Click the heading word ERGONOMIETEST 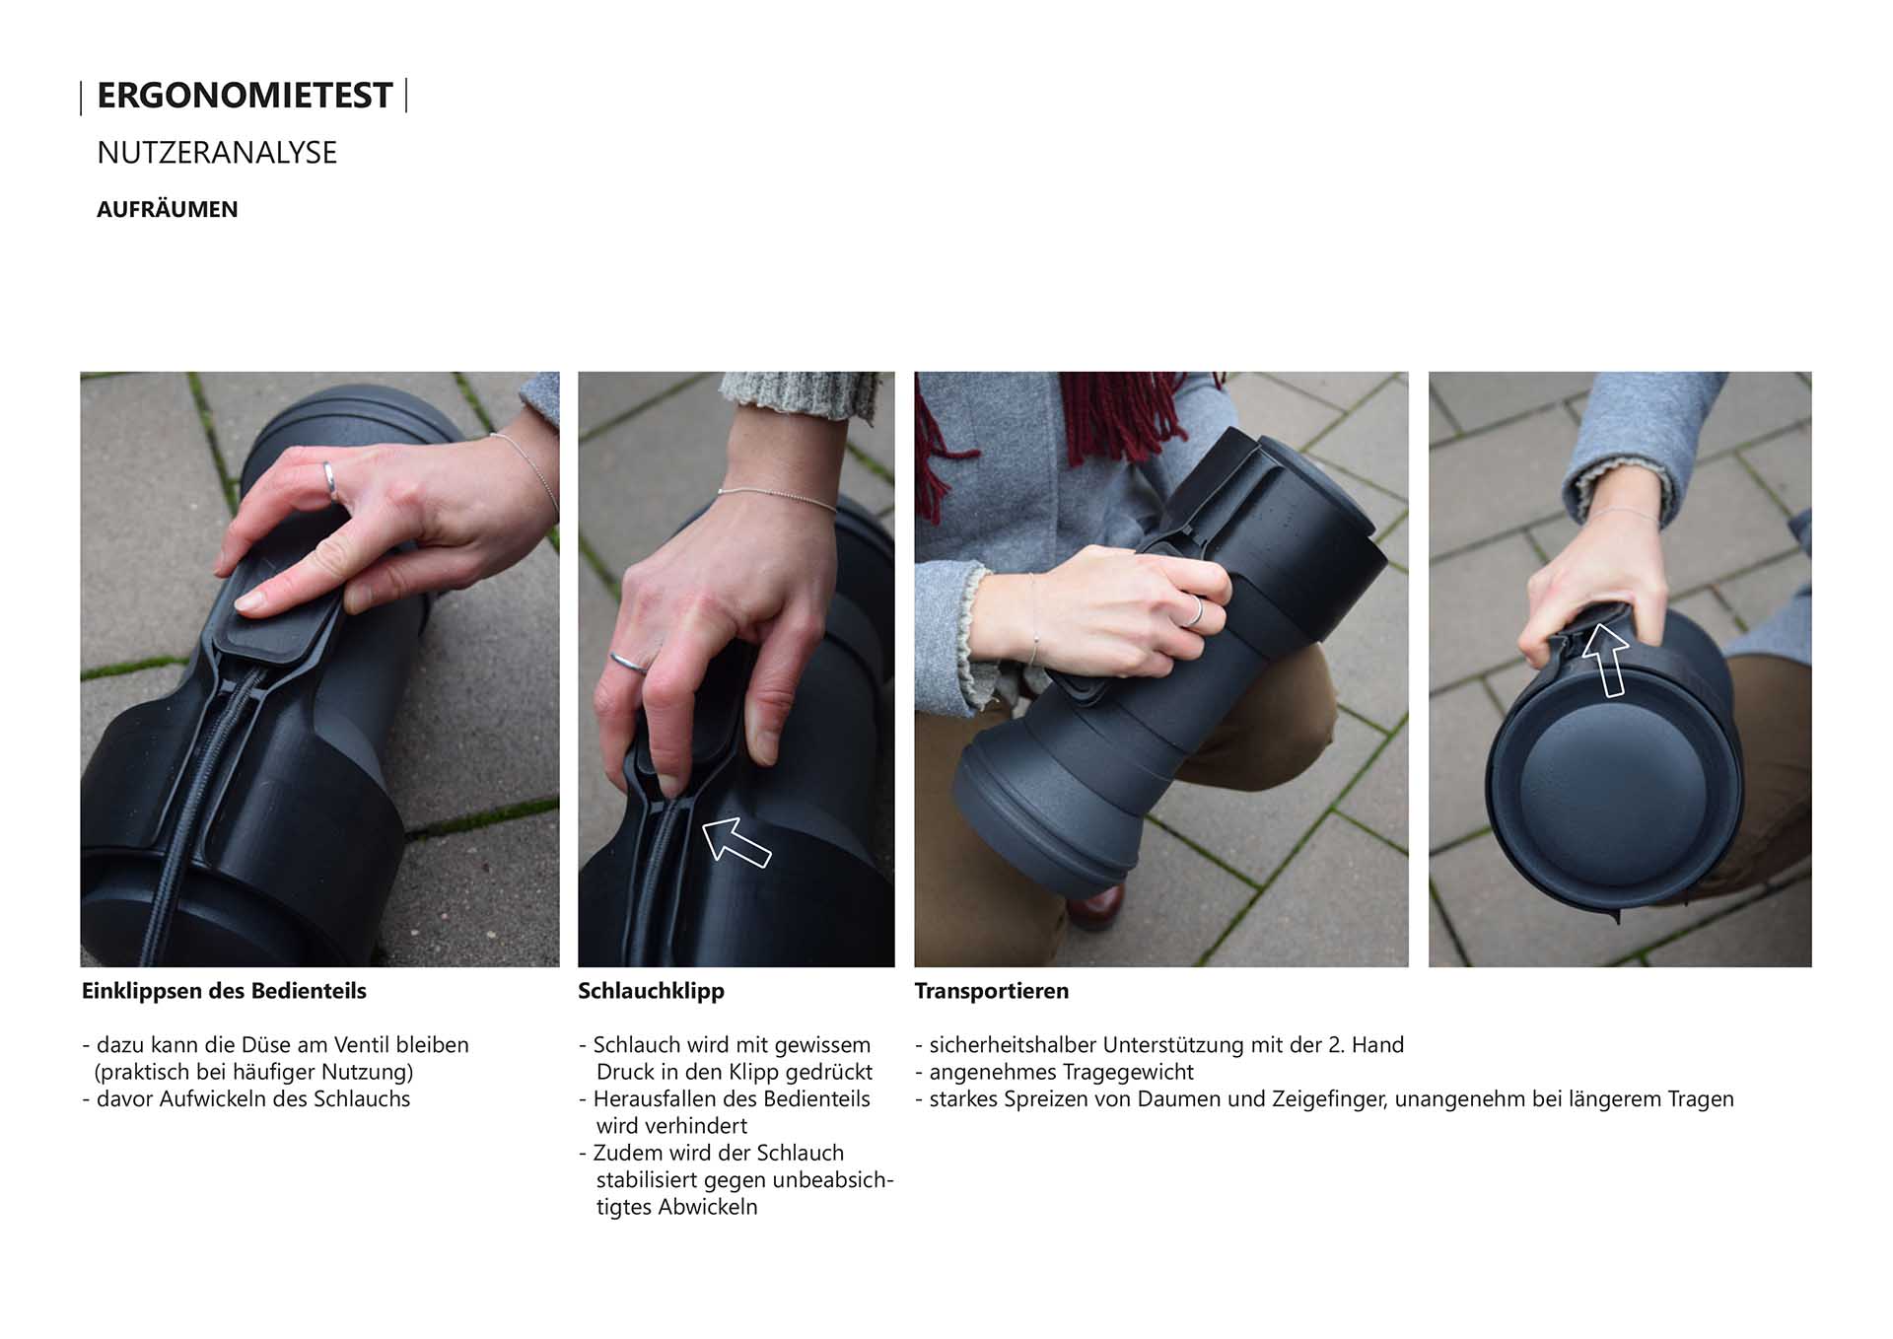click(245, 96)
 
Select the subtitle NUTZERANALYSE click(217, 153)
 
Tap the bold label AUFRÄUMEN click(168, 209)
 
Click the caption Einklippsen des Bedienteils click(224, 991)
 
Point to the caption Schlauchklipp click(651, 991)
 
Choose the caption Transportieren click(992, 991)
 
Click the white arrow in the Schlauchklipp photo click(736, 842)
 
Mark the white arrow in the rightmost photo click(1606, 660)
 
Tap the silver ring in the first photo click(330, 479)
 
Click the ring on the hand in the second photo click(628, 663)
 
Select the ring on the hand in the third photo click(1194, 612)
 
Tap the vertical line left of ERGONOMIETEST click(81, 98)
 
